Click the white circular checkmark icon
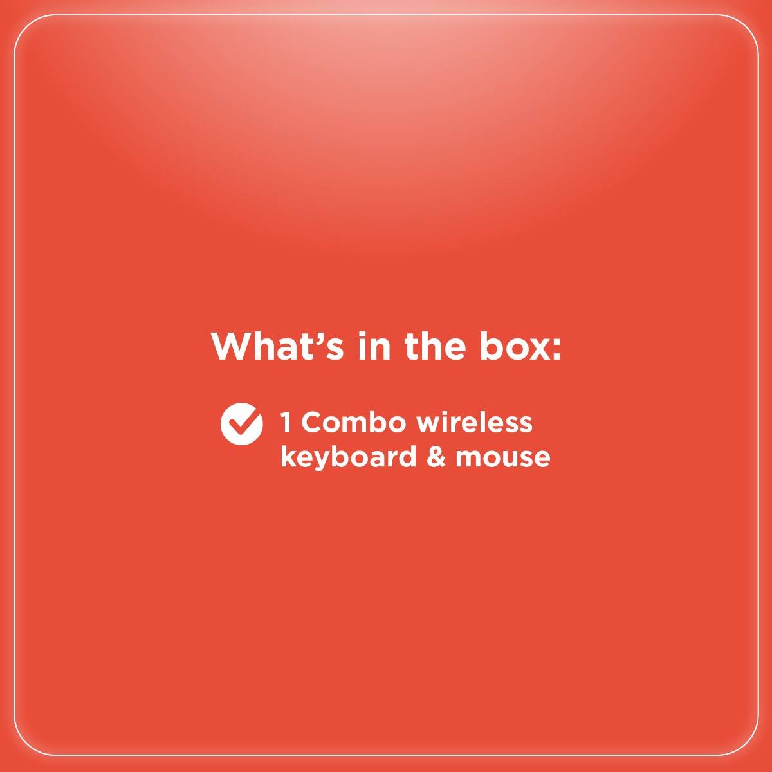click(x=241, y=423)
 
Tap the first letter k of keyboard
click(x=287, y=457)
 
